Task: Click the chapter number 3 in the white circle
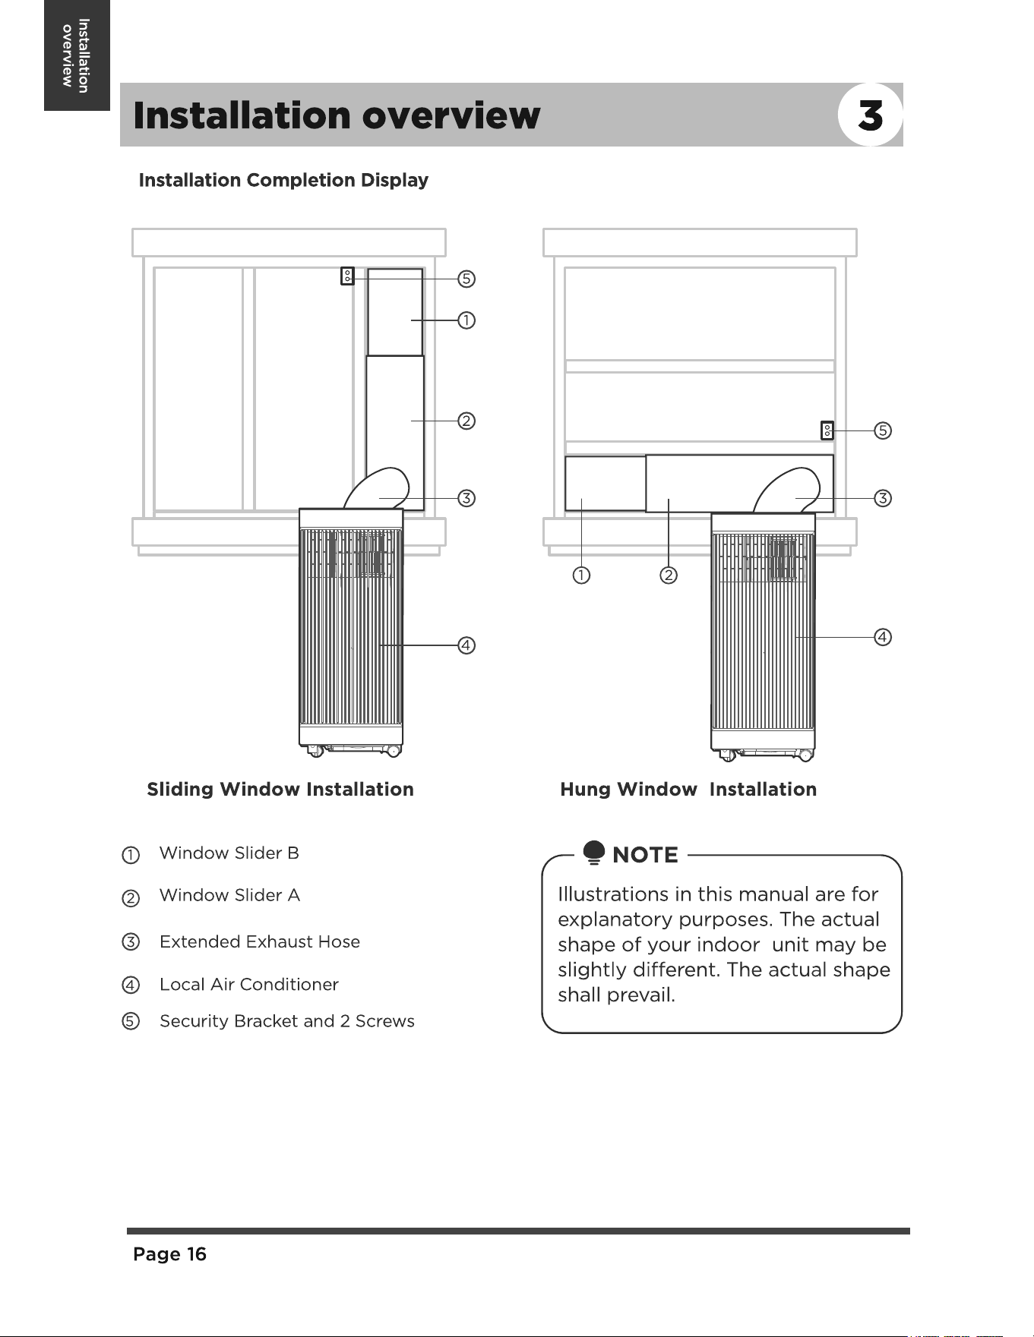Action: point(871,116)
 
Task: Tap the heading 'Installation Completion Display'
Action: point(283,181)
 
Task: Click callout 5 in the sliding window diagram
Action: point(466,279)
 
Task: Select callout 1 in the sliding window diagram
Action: point(466,320)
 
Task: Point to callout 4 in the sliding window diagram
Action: point(466,645)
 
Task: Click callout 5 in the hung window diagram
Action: point(882,430)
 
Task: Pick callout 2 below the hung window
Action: point(669,575)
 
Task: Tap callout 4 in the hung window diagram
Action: point(882,637)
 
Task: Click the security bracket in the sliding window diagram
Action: point(347,276)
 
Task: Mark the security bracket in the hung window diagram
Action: point(827,430)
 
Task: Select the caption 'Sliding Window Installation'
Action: point(280,790)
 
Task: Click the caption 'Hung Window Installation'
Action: point(688,790)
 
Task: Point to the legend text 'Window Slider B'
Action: point(229,853)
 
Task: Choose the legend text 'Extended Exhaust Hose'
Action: point(260,942)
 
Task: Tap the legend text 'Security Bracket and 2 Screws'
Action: point(287,1021)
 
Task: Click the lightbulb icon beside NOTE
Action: point(594,853)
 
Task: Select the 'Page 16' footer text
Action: point(170,1254)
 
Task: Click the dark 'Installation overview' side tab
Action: point(77,55)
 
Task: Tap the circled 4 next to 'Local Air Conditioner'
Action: point(131,985)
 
